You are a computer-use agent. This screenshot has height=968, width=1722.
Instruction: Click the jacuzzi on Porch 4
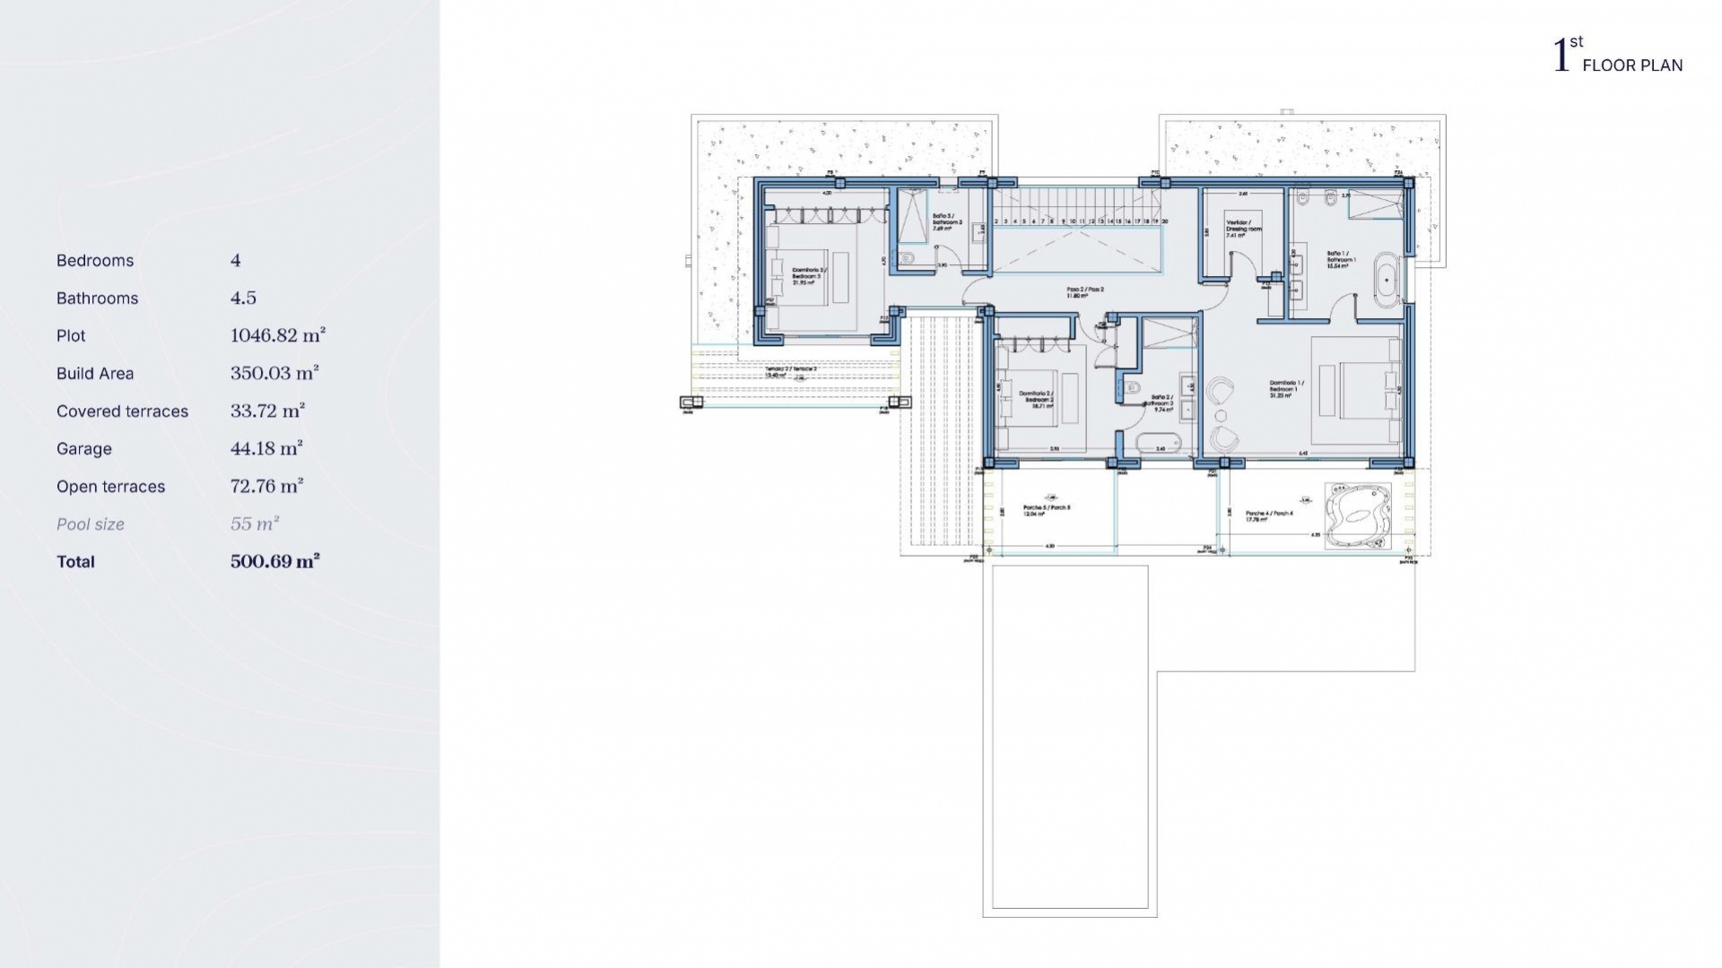pos(1358,516)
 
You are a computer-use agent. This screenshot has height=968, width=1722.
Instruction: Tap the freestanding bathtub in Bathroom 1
pos(1387,280)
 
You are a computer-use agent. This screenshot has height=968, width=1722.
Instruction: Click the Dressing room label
pos(1243,229)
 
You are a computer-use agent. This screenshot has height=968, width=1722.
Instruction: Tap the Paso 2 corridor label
pos(1084,293)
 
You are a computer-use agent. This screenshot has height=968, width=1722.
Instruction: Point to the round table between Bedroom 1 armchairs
pos(1221,415)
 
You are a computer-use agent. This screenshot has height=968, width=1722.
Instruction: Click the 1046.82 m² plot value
pos(278,336)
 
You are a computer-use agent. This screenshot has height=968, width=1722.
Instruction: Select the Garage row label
pos(84,449)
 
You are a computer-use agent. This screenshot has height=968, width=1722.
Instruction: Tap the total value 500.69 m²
pos(275,562)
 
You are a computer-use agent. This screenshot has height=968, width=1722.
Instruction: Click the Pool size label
pos(91,524)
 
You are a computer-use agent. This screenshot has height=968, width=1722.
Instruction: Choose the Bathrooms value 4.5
pos(243,298)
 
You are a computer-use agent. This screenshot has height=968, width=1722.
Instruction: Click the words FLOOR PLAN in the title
pos(1632,65)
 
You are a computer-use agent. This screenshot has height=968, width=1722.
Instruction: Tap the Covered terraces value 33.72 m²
pos(267,411)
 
